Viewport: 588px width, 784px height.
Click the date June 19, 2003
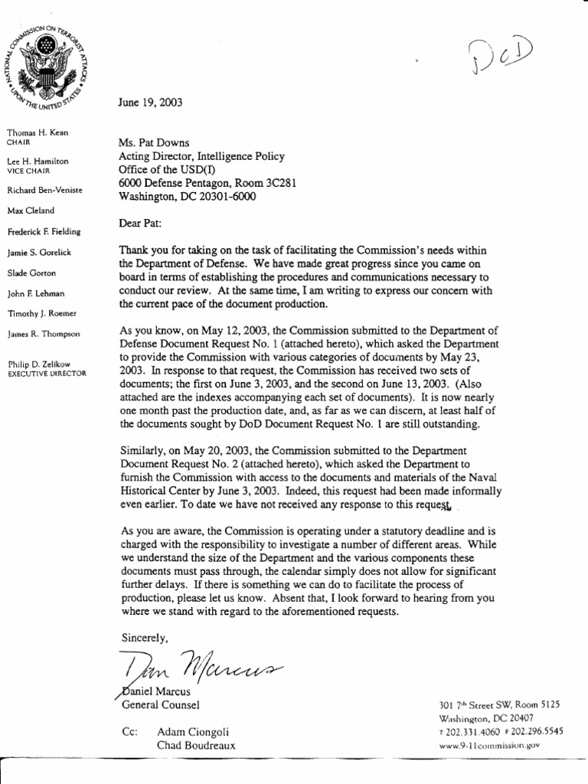click(x=150, y=102)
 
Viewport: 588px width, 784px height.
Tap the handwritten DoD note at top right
click(x=501, y=57)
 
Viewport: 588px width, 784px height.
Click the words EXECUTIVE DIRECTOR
click(x=47, y=373)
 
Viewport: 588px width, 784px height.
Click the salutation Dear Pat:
click(x=141, y=224)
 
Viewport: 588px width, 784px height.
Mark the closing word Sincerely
click(x=144, y=637)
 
